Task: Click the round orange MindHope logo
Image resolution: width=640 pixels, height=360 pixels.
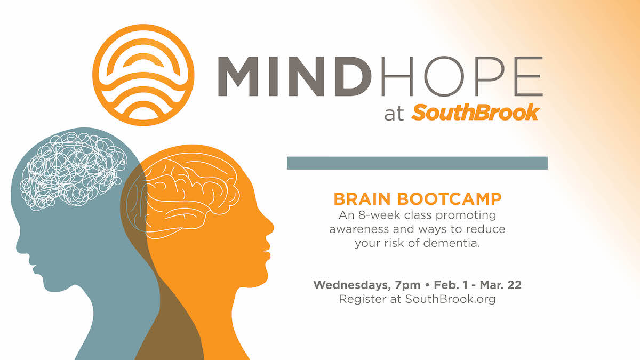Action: pyautogui.click(x=143, y=75)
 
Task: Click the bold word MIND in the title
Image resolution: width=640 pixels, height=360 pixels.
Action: pyautogui.click(x=294, y=76)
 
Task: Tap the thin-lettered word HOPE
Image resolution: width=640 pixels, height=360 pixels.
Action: pyautogui.click(x=462, y=76)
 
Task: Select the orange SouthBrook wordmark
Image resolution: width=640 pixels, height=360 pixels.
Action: pyautogui.click(x=475, y=113)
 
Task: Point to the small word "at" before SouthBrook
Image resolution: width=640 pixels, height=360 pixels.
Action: pyautogui.click(x=394, y=114)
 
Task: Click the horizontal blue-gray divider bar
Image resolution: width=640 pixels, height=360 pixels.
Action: pyautogui.click(x=417, y=163)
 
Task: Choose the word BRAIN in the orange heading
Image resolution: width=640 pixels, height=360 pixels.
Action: pyautogui.click(x=362, y=199)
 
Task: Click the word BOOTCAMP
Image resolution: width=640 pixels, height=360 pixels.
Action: pyautogui.click(x=449, y=199)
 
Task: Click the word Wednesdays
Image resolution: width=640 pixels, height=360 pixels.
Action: pyautogui.click(x=352, y=285)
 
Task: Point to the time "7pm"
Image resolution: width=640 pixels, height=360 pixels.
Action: pyautogui.click(x=407, y=285)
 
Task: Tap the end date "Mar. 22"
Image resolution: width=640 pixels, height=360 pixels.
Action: pyautogui.click(x=501, y=285)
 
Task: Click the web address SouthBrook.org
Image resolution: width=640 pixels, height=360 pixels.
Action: pyautogui.click(x=450, y=299)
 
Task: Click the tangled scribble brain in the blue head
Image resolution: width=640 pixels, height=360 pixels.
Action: pyautogui.click(x=74, y=171)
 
